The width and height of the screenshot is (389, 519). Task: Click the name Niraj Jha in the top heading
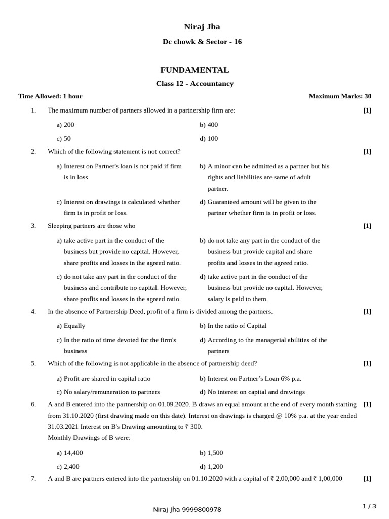[x=202, y=27]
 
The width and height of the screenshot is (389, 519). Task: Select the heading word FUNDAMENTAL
[x=194, y=70]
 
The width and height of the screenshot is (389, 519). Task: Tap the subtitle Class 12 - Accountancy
[x=194, y=84]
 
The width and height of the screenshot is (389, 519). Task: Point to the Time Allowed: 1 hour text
[x=50, y=96]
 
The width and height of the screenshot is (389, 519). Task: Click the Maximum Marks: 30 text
[x=340, y=96]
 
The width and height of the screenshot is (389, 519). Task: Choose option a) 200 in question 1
[x=65, y=125]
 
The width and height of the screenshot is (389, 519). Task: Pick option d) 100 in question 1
[x=209, y=139]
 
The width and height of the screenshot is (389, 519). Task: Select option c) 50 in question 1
[x=64, y=139]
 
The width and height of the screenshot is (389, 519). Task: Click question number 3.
[x=33, y=226]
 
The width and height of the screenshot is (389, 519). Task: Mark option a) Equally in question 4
[x=71, y=326]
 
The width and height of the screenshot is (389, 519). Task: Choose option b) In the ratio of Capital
[x=233, y=326]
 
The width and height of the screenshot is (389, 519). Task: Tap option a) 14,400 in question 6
[x=69, y=453]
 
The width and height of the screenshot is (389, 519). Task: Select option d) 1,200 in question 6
[x=211, y=467]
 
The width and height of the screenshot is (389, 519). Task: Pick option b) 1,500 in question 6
[x=211, y=453]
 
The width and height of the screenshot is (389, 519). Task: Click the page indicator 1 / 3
[x=369, y=506]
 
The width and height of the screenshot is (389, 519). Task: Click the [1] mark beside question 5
[x=367, y=363]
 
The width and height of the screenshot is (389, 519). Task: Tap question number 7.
[x=33, y=478]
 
